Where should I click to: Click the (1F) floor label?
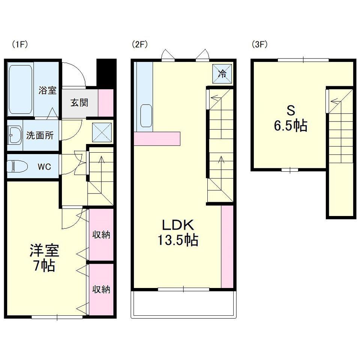(x=20, y=44)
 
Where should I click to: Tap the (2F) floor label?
(x=139, y=44)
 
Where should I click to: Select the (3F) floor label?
(x=259, y=44)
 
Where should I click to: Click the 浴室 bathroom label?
(x=47, y=90)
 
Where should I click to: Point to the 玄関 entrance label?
(x=79, y=103)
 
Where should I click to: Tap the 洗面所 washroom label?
(x=40, y=135)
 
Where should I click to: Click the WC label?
(x=44, y=166)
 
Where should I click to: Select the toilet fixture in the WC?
(x=17, y=166)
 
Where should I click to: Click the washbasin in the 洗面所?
(x=15, y=135)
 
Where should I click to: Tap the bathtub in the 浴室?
(x=20, y=90)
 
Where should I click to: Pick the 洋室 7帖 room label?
(x=44, y=258)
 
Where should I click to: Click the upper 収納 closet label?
(x=101, y=235)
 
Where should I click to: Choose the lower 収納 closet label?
(x=101, y=289)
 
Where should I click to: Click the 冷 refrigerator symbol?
(x=222, y=74)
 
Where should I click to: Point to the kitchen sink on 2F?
(x=146, y=116)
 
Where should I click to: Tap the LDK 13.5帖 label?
(x=178, y=232)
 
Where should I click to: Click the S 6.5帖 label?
(x=291, y=118)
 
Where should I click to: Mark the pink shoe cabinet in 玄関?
(x=106, y=103)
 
